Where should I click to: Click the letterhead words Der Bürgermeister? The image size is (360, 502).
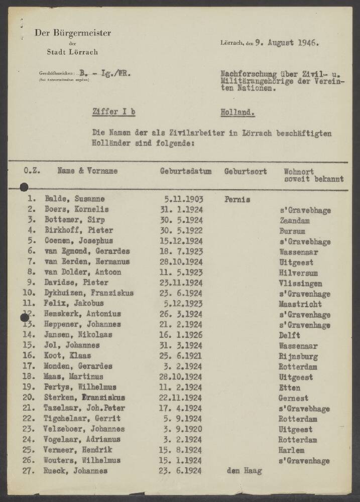[x=73, y=33]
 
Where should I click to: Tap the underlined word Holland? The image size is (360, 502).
[x=237, y=113]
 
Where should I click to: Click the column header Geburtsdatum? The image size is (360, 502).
[x=185, y=171]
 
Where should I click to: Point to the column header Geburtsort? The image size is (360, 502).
[x=246, y=171]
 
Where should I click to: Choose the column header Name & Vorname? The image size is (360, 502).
[x=87, y=171]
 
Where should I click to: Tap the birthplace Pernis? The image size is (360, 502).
[x=237, y=199]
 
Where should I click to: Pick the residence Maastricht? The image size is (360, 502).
[x=300, y=304]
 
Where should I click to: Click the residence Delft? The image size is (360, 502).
[x=290, y=335]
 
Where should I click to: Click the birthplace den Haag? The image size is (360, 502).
[x=245, y=471]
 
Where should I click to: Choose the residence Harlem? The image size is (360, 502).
[x=292, y=450]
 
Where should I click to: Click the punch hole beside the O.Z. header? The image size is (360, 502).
[x=24, y=187]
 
